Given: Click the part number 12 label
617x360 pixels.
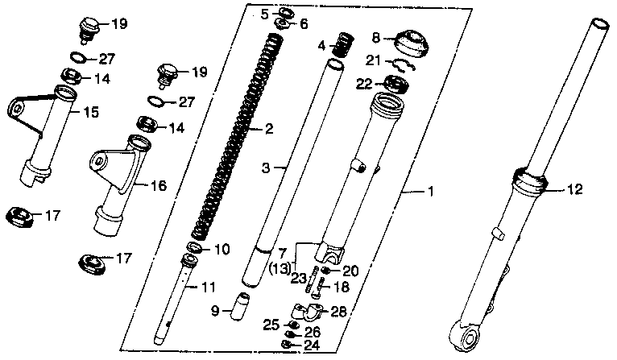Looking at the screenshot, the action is point(574,190).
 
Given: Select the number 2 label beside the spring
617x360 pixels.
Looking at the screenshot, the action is point(269,129).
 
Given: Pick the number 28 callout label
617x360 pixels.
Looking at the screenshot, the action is point(339,311).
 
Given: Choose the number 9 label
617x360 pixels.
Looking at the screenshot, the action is point(215,310).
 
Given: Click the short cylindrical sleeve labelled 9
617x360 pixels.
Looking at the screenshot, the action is point(242,308).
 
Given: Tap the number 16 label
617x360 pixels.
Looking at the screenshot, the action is point(158,185).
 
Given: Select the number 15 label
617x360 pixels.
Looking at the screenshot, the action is point(91,112).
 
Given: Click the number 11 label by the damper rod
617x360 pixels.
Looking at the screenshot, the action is point(209,288).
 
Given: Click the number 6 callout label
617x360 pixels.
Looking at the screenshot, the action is point(303,24).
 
